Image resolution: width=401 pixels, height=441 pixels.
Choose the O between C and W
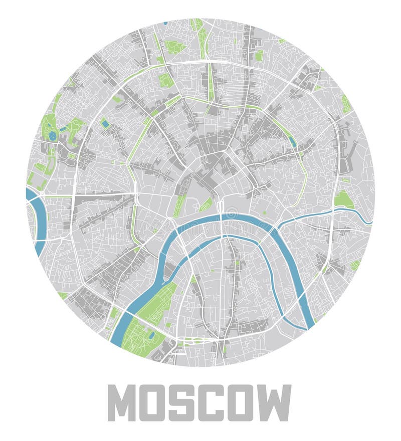pos(244,403)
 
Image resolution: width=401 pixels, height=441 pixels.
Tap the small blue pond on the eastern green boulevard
pos(293,141)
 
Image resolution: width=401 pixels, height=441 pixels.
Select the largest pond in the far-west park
pos(52,135)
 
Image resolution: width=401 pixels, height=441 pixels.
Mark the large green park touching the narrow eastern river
pos(343,199)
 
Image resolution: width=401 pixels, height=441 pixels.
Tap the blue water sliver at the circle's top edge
pos(165,23)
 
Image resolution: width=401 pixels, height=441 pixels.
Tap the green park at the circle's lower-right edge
pos(355,264)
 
